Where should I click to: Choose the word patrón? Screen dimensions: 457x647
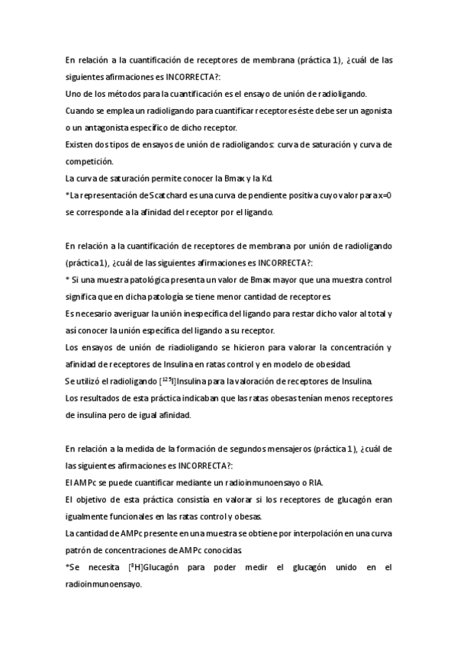pyautogui.click(x=80, y=549)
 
